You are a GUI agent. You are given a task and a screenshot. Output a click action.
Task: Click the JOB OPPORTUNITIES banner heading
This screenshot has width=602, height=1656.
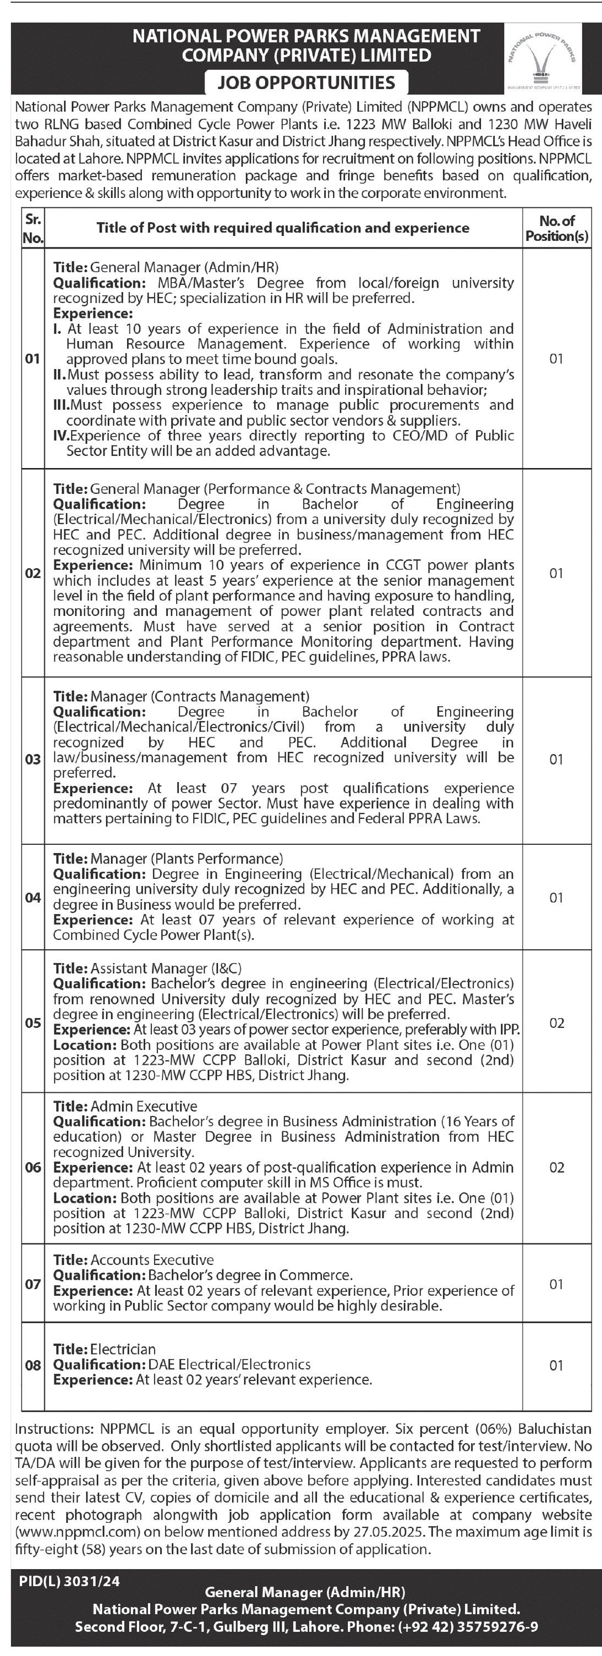point(305,82)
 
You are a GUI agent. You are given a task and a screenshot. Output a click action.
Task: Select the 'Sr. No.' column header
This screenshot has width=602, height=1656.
point(33,228)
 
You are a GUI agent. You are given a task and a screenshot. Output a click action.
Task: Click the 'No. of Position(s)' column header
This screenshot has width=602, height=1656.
point(556,228)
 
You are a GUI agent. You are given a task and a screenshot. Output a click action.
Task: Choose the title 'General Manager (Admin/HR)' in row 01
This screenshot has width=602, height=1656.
point(184,267)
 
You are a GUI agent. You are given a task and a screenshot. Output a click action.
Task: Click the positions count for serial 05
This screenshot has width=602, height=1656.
point(556,1023)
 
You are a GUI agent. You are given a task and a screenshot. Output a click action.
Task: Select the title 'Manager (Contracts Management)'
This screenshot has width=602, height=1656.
point(199,696)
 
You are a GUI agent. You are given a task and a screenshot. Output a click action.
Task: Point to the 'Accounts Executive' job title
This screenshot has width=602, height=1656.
point(152,1259)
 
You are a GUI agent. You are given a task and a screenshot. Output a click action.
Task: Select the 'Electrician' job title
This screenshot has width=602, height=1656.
point(123,1349)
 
